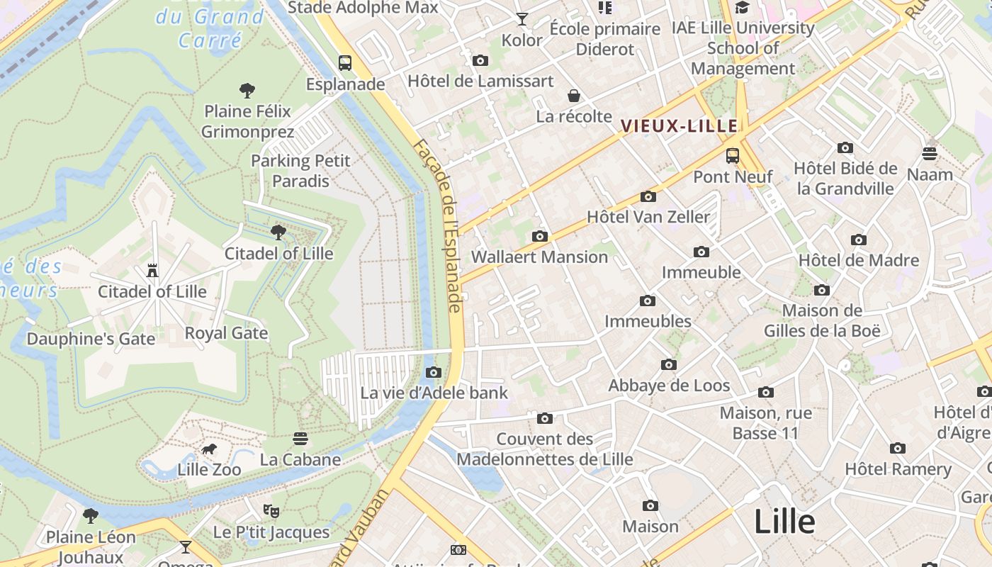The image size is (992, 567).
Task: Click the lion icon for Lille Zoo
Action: pos(209,449)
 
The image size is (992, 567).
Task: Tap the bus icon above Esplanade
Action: pos(345,62)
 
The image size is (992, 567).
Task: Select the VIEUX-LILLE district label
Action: pos(680,126)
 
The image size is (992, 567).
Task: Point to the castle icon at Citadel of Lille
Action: pos(152,270)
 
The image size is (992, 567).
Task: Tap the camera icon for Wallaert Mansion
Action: pos(540,236)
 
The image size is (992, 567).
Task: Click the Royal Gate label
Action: pos(226,333)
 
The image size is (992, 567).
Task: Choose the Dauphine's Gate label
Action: pos(91,339)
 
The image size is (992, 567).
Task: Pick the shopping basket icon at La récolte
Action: pos(574,96)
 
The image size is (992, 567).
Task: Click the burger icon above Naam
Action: pos(930,154)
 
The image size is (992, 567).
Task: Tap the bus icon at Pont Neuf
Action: pos(733,155)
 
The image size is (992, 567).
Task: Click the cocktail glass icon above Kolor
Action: pos(522,19)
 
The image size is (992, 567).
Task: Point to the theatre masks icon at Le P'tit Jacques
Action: pos(271,510)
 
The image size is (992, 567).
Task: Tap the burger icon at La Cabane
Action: pos(300,439)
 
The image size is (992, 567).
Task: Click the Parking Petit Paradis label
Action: pos(300,171)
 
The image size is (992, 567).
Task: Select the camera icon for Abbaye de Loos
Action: pos(669,365)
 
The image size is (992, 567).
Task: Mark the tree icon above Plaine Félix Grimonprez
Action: pos(247,90)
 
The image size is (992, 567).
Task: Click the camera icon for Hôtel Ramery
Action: pos(898,448)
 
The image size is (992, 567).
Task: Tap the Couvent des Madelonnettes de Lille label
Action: pos(544,449)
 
